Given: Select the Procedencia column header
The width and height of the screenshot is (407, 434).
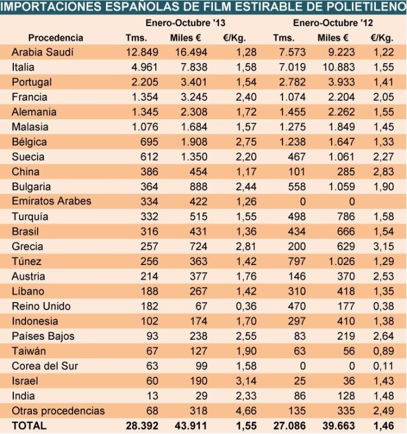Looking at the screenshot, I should pyautogui.click(x=56, y=38).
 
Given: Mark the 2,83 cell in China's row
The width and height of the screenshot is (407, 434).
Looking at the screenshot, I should pyautogui.click(x=384, y=172).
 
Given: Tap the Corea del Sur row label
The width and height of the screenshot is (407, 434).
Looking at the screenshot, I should pyautogui.click(x=45, y=366).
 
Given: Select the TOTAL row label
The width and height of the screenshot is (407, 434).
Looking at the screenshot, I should pyautogui.click(x=27, y=426).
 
